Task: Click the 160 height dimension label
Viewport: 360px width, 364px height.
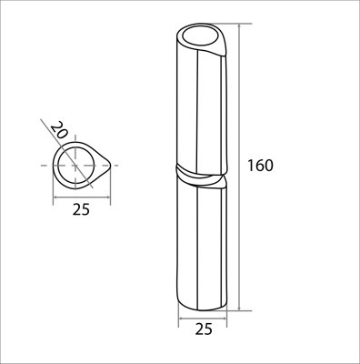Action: coord(261,166)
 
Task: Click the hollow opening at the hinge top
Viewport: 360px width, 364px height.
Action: coord(199,37)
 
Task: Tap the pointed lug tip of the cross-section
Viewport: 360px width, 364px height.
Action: coord(112,165)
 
